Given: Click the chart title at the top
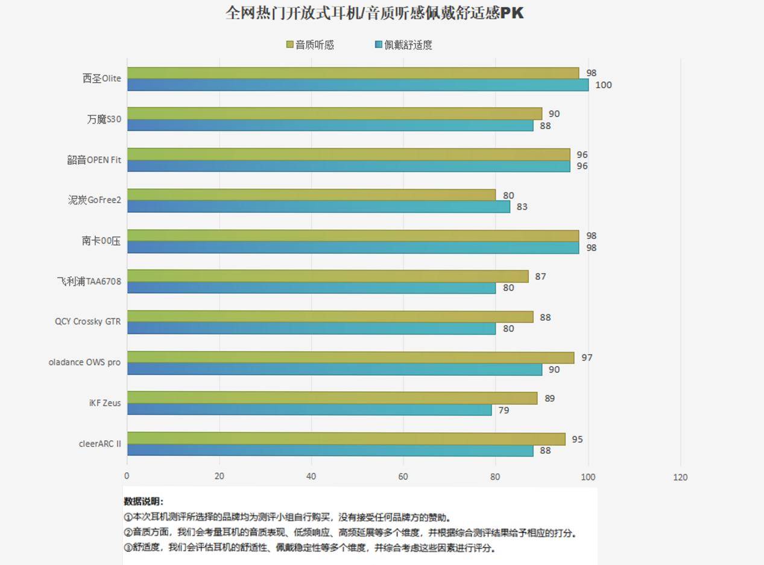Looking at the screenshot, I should coord(374,13).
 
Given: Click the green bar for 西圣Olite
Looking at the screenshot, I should coord(353,73).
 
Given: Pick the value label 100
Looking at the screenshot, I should coord(603,85).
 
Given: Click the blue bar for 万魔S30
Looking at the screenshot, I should coord(330,125).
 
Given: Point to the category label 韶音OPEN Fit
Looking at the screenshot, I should coord(94,160).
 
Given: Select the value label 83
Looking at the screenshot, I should coord(522,207).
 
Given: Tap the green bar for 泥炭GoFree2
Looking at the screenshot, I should coord(311,195).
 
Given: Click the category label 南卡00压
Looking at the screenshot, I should coord(101,241).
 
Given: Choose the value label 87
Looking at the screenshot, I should coord(540,276).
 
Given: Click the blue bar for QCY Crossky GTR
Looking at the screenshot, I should coord(311,329).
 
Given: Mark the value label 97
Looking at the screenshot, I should coord(587,358).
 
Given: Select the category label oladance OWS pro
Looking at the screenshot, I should coord(84,362).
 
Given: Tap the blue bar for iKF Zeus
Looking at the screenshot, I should coord(309,409).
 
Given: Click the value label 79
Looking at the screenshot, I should coord(504,410).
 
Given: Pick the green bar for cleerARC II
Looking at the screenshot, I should coord(346,439).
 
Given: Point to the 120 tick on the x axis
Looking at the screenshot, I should coord(680,477).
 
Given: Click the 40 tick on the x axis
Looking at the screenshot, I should coord(311,476).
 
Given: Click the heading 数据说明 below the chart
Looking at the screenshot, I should coord(143,501).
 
